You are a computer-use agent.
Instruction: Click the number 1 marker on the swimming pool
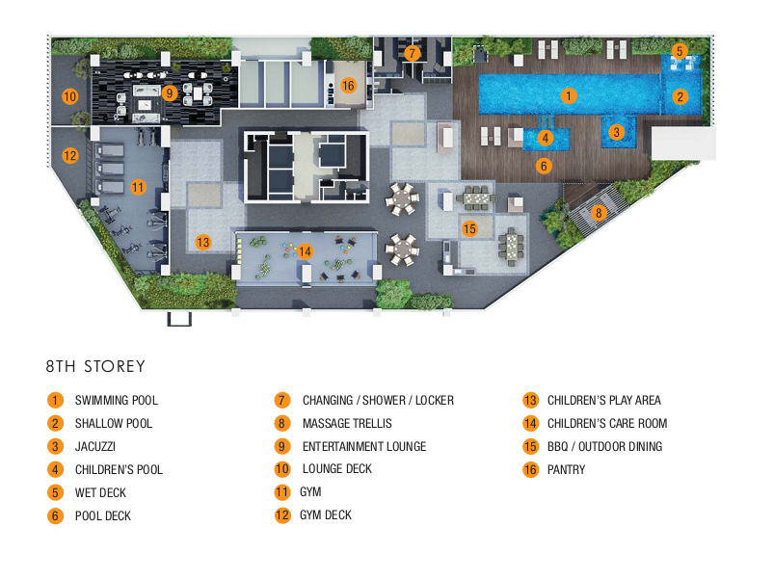570,95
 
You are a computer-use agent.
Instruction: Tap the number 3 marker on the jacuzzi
617,132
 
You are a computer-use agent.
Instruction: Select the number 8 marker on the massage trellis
599,214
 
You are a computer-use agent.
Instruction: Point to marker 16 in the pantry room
348,86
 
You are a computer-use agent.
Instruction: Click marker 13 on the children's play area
202,243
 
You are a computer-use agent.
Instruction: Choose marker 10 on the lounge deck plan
69,95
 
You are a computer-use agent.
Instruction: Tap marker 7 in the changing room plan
413,54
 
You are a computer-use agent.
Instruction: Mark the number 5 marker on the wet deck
680,51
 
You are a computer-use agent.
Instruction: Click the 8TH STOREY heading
95,367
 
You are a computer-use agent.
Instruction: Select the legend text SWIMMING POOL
117,400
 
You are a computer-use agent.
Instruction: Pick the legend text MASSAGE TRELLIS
347,423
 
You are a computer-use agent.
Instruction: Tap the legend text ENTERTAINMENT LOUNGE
364,446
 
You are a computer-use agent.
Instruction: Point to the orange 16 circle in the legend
530,469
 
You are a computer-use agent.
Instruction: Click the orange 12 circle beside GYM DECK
282,515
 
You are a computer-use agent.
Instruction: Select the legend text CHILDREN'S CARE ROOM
607,423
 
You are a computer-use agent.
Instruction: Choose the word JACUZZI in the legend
95,446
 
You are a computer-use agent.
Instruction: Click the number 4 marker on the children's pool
546,138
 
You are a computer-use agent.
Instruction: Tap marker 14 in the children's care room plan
305,251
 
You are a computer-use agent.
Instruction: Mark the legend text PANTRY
566,469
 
